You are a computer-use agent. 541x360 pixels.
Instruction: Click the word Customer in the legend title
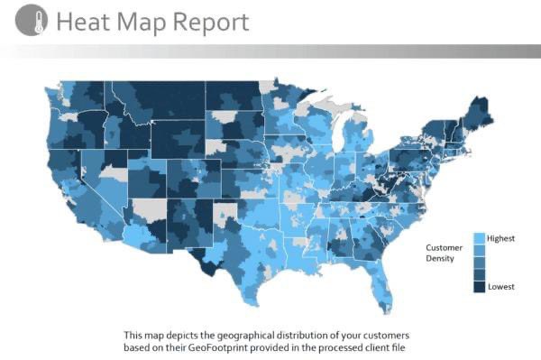pyautogui.click(x=444, y=247)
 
